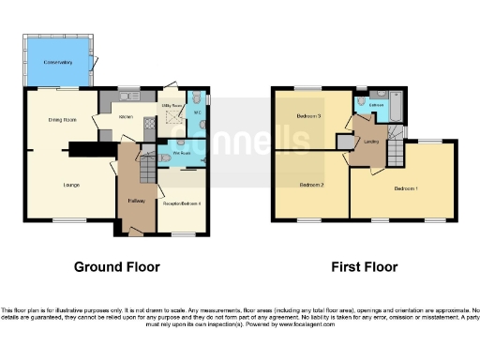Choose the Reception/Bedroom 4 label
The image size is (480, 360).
(181, 202)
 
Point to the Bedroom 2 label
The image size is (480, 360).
(311, 186)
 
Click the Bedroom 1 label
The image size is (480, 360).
(405, 189)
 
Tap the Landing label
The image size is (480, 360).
(371, 142)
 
